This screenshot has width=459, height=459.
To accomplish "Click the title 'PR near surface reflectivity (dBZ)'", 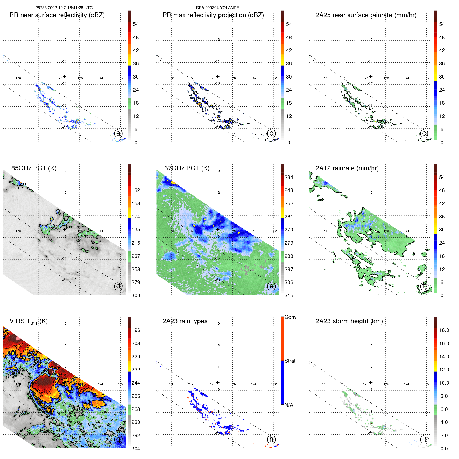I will click(x=57, y=15).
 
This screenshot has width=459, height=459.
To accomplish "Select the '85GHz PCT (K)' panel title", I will click(x=34, y=168).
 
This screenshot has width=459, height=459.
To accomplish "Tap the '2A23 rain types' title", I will click(x=185, y=321).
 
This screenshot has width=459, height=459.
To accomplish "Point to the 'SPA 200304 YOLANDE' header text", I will click(x=217, y=8).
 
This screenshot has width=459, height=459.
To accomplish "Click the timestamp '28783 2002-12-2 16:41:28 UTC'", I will click(x=64, y=8).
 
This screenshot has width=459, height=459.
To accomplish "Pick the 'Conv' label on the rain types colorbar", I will click(x=290, y=317).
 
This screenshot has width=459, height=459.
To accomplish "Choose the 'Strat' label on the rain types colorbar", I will click(x=290, y=361).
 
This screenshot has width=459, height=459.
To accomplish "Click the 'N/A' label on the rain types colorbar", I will click(x=289, y=405).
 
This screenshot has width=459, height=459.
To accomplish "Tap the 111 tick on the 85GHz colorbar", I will click(x=136, y=178).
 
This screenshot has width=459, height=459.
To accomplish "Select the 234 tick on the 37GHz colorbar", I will click(x=289, y=178).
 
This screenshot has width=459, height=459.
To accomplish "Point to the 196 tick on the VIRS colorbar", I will click(x=136, y=330).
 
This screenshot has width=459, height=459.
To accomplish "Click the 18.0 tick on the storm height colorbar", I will click(x=444, y=330).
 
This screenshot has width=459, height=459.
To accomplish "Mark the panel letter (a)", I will click(x=118, y=133).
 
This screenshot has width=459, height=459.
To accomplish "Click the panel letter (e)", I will click(x=271, y=286).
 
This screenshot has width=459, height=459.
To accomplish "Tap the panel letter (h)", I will click(x=271, y=439).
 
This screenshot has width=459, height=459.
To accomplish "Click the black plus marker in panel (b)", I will click(x=218, y=76).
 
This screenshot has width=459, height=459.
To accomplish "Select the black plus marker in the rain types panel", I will click(x=218, y=383).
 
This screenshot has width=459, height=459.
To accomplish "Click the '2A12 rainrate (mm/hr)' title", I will click(x=347, y=168).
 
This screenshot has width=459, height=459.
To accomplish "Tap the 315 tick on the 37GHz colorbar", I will click(x=289, y=296).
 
